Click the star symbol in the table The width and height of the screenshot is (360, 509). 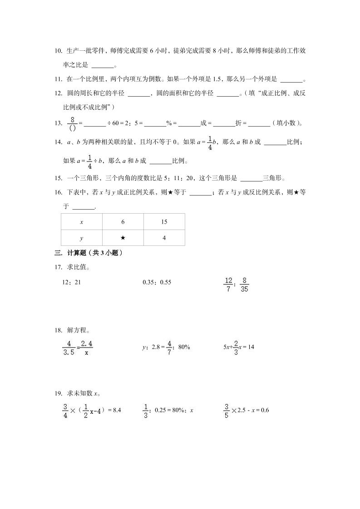[123, 238]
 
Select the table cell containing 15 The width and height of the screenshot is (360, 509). [164, 222]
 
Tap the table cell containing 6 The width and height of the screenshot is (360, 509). [123, 222]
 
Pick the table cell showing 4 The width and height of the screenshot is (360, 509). [164, 238]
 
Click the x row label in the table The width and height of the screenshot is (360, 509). [82, 222]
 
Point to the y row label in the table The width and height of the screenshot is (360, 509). [82, 238]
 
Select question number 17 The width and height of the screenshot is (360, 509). [58, 267]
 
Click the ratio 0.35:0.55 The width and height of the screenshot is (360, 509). [157, 282]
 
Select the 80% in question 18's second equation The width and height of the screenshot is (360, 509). [184, 347]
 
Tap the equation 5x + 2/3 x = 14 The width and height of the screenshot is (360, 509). [238, 347]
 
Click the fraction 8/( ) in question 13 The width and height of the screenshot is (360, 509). [72, 123]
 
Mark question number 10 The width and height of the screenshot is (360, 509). [58, 51]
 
